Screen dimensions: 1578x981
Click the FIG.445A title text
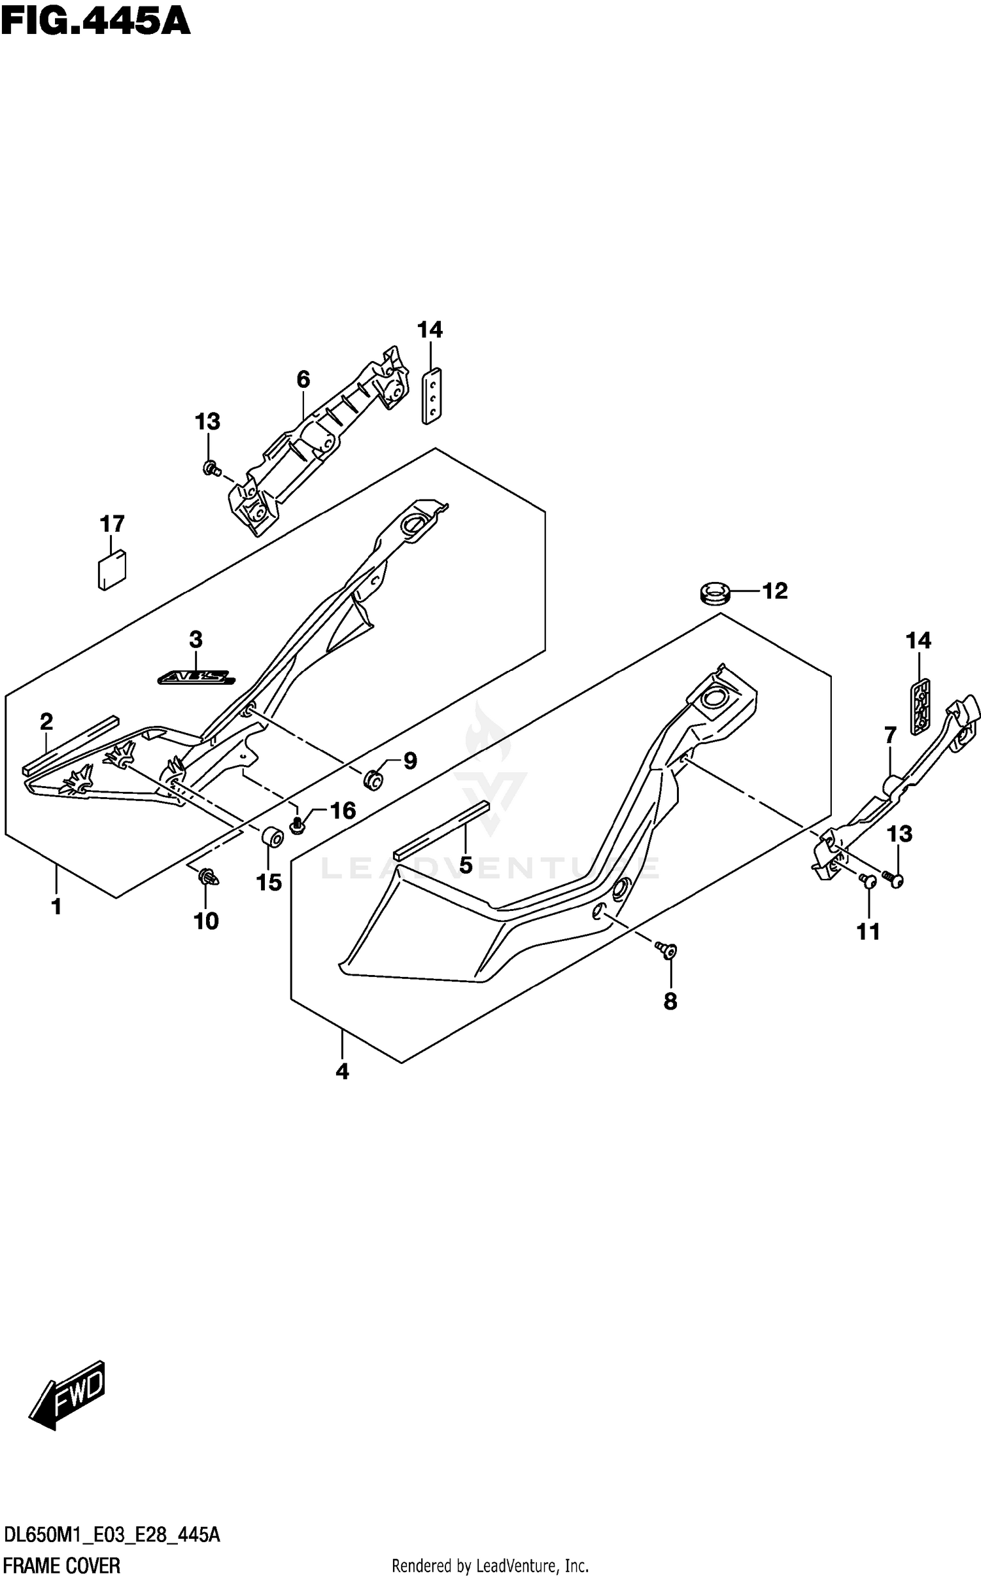click(x=95, y=21)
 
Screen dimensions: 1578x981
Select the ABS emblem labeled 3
click(x=196, y=678)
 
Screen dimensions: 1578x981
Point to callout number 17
click(x=112, y=524)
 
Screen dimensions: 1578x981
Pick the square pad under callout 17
click(x=112, y=570)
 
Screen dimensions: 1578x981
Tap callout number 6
click(x=303, y=379)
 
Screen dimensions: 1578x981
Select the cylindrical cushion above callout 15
click(x=272, y=836)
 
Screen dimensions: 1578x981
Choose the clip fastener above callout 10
click(x=209, y=876)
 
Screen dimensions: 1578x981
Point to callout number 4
click(x=342, y=1071)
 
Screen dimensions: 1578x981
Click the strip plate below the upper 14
click(x=431, y=395)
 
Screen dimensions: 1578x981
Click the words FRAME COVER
click(x=62, y=1560)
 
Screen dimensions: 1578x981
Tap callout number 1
click(x=56, y=906)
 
